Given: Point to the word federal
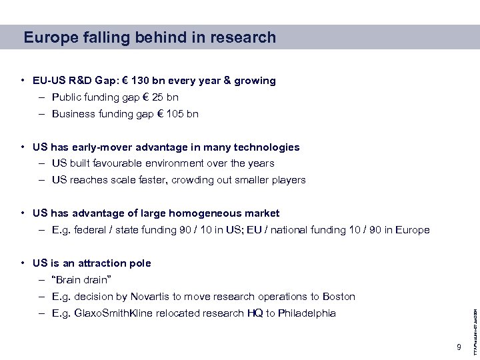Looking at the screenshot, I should click(x=93, y=230).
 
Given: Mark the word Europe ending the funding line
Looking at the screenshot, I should click(x=413, y=230).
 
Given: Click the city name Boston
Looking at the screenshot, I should click(x=338, y=296).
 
